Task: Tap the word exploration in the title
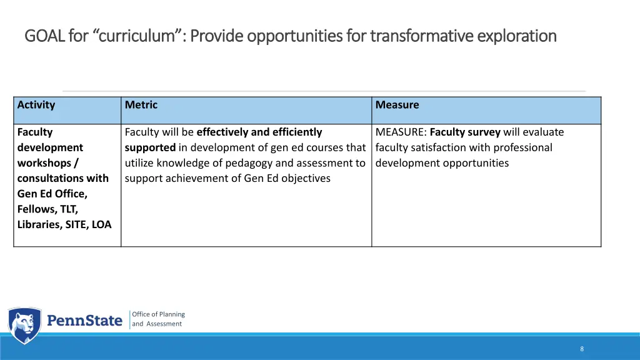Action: [x=517, y=36]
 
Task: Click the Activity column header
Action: [x=36, y=105]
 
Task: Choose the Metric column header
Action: [x=141, y=105]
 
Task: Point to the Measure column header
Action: [x=397, y=105]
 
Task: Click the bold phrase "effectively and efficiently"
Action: [x=259, y=132]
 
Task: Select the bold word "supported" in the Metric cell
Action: [x=150, y=147]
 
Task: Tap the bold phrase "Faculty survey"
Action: [x=465, y=132]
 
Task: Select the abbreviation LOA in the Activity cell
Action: [x=101, y=224]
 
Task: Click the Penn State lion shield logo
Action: [x=24, y=326]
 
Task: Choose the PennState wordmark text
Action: [x=85, y=321]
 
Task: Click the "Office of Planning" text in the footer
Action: [x=158, y=314]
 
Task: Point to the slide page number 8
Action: [x=582, y=349]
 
